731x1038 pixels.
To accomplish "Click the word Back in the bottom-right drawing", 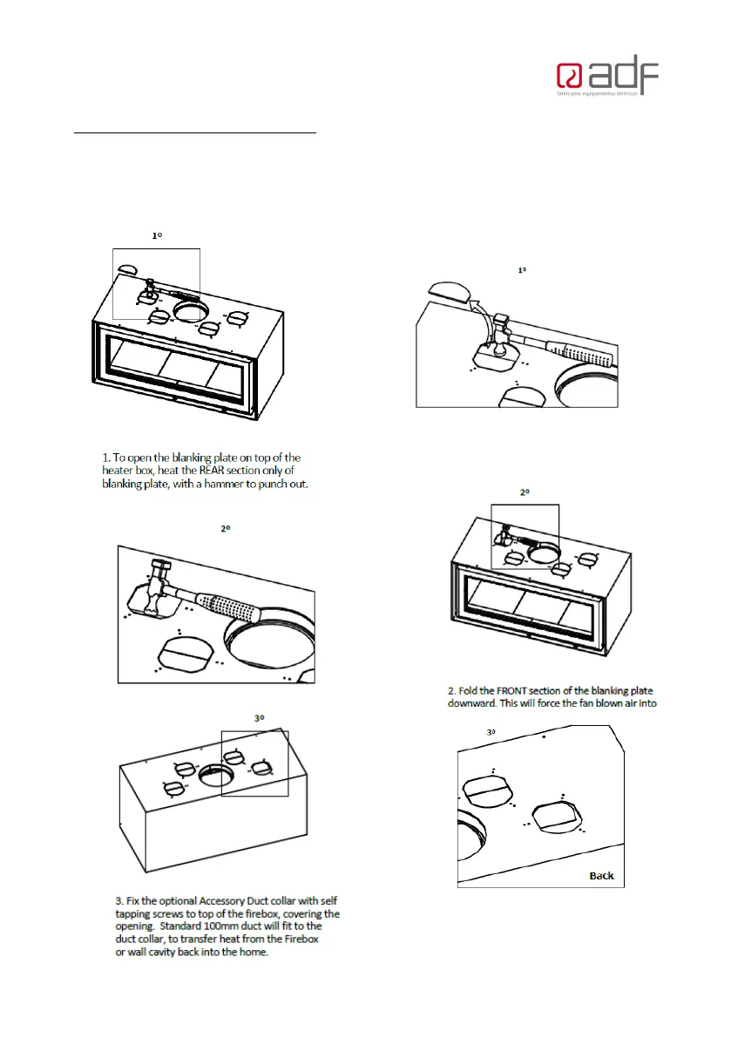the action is [x=601, y=875].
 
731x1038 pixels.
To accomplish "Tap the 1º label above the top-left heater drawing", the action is [x=157, y=235].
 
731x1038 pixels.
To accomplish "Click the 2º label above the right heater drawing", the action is [x=525, y=492].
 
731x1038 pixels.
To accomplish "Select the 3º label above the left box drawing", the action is [x=259, y=718].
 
